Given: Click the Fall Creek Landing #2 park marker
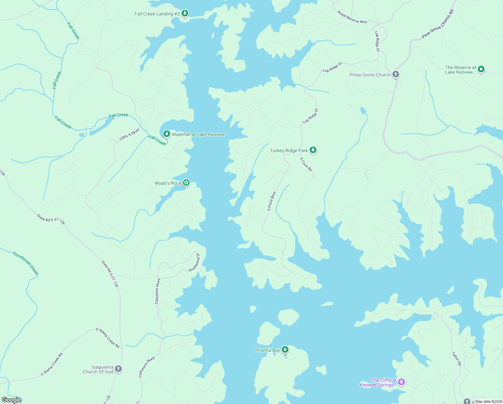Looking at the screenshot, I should tap(185, 13).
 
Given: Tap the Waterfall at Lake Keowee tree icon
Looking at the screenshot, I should tap(166, 134).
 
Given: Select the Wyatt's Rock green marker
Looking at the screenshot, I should tap(186, 183).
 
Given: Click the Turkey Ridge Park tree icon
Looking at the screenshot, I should tap(313, 150).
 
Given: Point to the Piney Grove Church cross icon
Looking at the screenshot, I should tap(396, 74).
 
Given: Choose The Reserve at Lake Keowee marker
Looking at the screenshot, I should tap(481, 69).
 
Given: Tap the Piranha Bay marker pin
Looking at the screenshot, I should tap(285, 350).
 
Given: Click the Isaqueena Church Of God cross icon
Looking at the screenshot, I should tap(118, 369).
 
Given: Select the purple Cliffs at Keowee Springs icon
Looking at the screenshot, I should tap(401, 382).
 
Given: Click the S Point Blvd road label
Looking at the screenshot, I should tap(272, 201).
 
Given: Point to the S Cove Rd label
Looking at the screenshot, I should tap(306, 164).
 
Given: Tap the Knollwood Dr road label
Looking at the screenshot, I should tap(194, 263).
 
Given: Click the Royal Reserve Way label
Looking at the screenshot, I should tap(352, 18).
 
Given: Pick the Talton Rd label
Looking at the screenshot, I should tap(456, 359).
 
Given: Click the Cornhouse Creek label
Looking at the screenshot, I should tap(26, 263).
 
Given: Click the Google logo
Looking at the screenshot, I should tap(11, 400).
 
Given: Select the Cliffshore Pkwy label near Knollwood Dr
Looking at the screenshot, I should tap(157, 291).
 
